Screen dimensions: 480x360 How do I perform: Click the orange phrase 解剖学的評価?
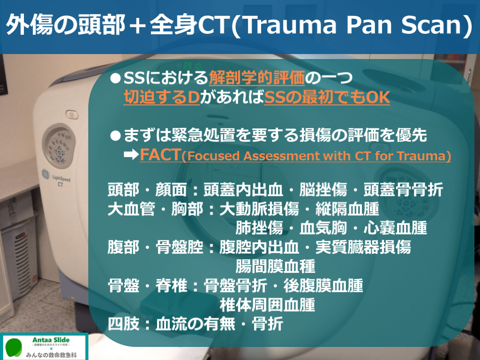(257, 78)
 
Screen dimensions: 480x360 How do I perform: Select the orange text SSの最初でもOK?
(327, 97)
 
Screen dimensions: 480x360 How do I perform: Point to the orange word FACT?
(160, 155)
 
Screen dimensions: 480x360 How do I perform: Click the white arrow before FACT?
(131, 155)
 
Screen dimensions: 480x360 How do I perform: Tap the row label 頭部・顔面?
(147, 189)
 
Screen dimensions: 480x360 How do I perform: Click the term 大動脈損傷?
(259, 209)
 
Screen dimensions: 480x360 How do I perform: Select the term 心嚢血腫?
(395, 228)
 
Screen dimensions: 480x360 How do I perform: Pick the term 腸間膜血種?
(275, 266)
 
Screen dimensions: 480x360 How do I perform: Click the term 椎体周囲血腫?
(267, 305)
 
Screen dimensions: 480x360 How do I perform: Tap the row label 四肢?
(124, 324)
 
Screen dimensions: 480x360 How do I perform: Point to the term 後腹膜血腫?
(323, 285)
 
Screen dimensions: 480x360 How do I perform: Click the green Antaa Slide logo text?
(51, 340)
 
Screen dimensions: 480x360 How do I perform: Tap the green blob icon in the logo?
(14, 347)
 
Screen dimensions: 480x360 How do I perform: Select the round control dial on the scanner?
(59, 146)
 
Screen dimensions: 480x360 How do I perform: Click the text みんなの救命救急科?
(51, 355)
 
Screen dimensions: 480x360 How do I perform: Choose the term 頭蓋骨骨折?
(403, 189)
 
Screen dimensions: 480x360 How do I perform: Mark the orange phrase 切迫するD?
(162, 97)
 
